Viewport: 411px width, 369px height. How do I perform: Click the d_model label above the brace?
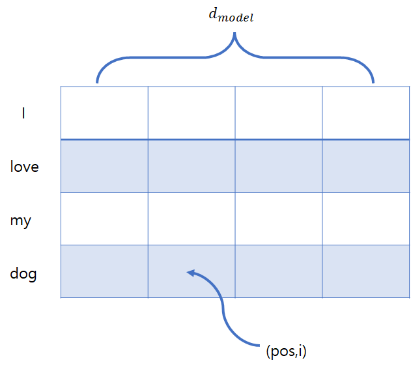click(231, 16)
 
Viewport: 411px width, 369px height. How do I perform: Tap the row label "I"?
click(23, 113)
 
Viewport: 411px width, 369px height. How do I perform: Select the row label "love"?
click(25, 167)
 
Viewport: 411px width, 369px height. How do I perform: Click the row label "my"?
click(21, 221)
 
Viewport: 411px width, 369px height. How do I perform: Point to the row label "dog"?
click(23, 274)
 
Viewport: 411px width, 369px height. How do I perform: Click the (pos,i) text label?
click(286, 352)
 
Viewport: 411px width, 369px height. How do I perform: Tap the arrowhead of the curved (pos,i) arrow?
click(190, 273)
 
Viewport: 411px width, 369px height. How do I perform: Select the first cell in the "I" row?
click(104, 113)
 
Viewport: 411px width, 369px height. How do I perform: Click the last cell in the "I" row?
click(365, 113)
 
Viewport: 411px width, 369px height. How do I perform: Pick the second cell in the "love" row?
click(191, 166)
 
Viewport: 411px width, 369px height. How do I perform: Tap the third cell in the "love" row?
click(279, 166)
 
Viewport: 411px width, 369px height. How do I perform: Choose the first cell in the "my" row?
click(104, 219)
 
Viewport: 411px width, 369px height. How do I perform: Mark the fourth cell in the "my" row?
click(365, 219)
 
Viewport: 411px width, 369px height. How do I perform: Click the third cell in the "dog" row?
click(279, 271)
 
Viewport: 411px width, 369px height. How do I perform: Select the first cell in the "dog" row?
click(104, 271)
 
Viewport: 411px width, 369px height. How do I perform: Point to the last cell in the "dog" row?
click(365, 271)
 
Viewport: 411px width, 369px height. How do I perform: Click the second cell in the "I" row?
click(191, 113)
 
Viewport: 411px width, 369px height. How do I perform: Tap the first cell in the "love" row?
click(104, 166)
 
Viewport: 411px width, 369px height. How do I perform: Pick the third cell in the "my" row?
click(279, 219)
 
